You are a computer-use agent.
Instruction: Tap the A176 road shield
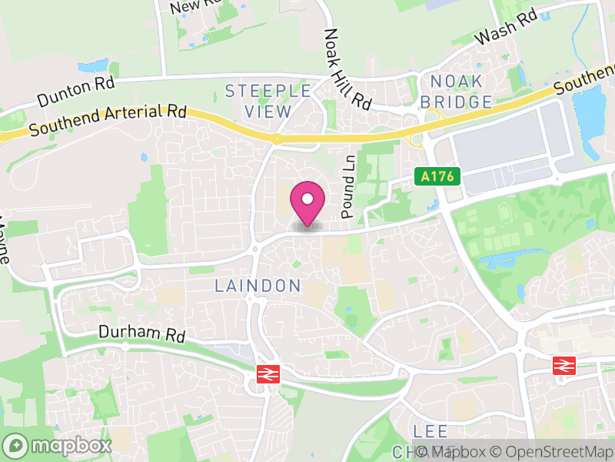(x=439, y=177)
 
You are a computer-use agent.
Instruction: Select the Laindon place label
(x=258, y=286)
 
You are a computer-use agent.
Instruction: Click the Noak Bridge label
(x=456, y=92)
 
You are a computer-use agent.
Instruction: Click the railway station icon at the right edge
(x=564, y=366)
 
